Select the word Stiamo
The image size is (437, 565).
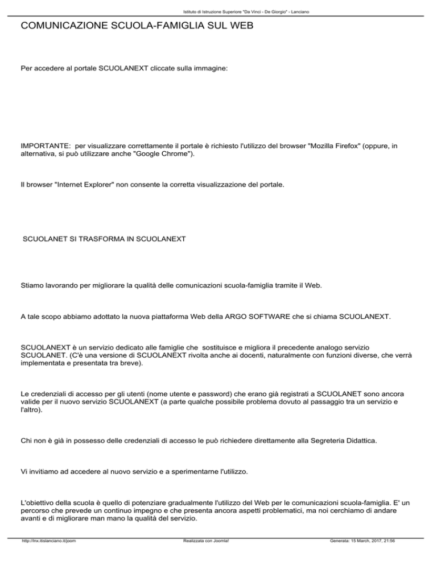click(x=32, y=296)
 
